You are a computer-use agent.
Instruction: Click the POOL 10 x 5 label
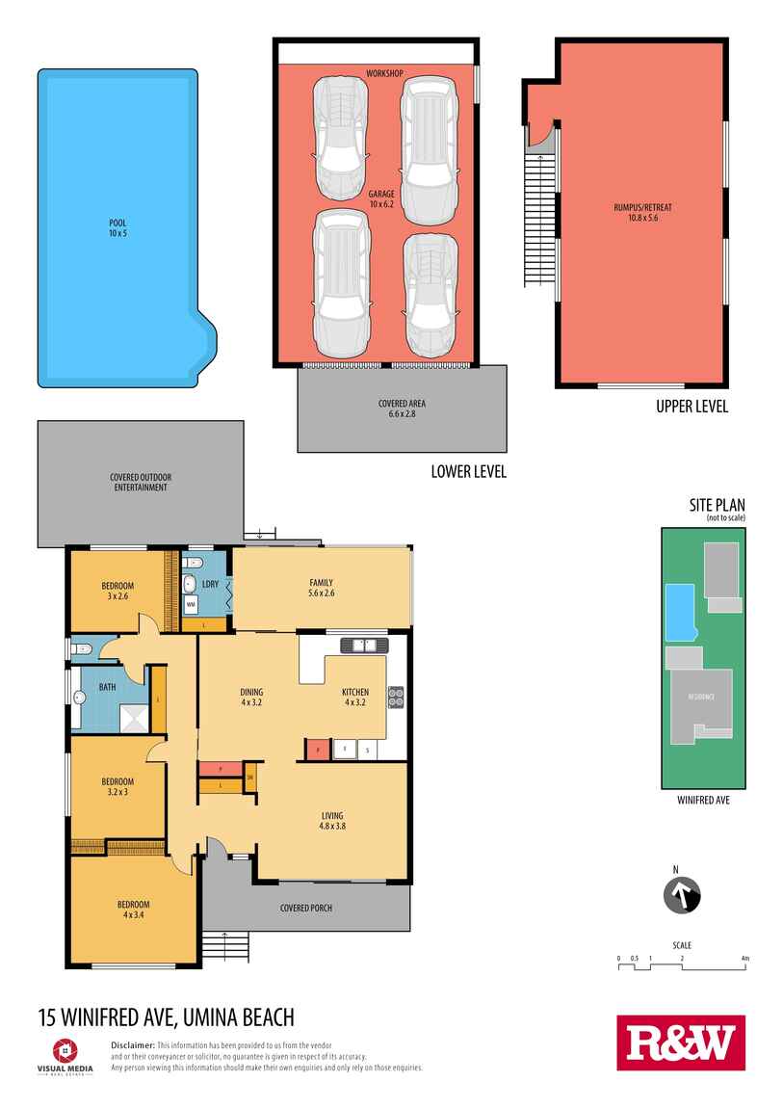[117, 227]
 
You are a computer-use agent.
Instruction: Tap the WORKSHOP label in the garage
[383, 74]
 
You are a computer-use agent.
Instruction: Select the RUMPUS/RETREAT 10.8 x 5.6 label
[642, 212]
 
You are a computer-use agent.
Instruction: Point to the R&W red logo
[681, 1042]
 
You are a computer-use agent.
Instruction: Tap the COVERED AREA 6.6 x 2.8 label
[402, 409]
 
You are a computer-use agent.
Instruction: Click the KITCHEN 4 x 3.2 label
[355, 697]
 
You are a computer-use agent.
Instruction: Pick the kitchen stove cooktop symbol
[394, 696]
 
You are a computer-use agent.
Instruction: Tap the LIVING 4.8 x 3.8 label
[332, 820]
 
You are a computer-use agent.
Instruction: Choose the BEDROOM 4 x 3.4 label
[134, 909]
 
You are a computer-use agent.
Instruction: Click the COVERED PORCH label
[306, 908]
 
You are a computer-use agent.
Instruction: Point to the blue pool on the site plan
[680, 611]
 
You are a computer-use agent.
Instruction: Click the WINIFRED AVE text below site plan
[702, 799]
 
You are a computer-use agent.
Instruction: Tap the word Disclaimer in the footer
[133, 1044]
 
